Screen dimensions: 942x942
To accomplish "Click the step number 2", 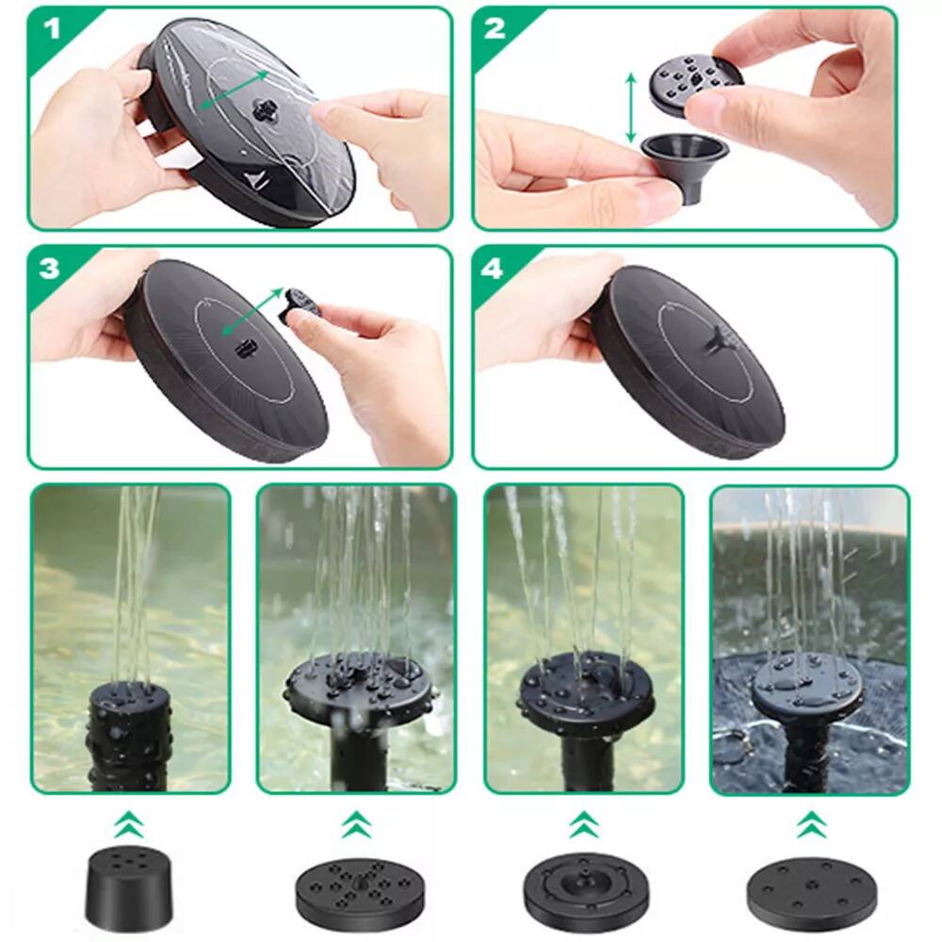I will [495, 28].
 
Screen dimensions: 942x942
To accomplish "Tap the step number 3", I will [50, 268].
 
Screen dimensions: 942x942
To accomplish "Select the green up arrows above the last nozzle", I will [807, 826].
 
